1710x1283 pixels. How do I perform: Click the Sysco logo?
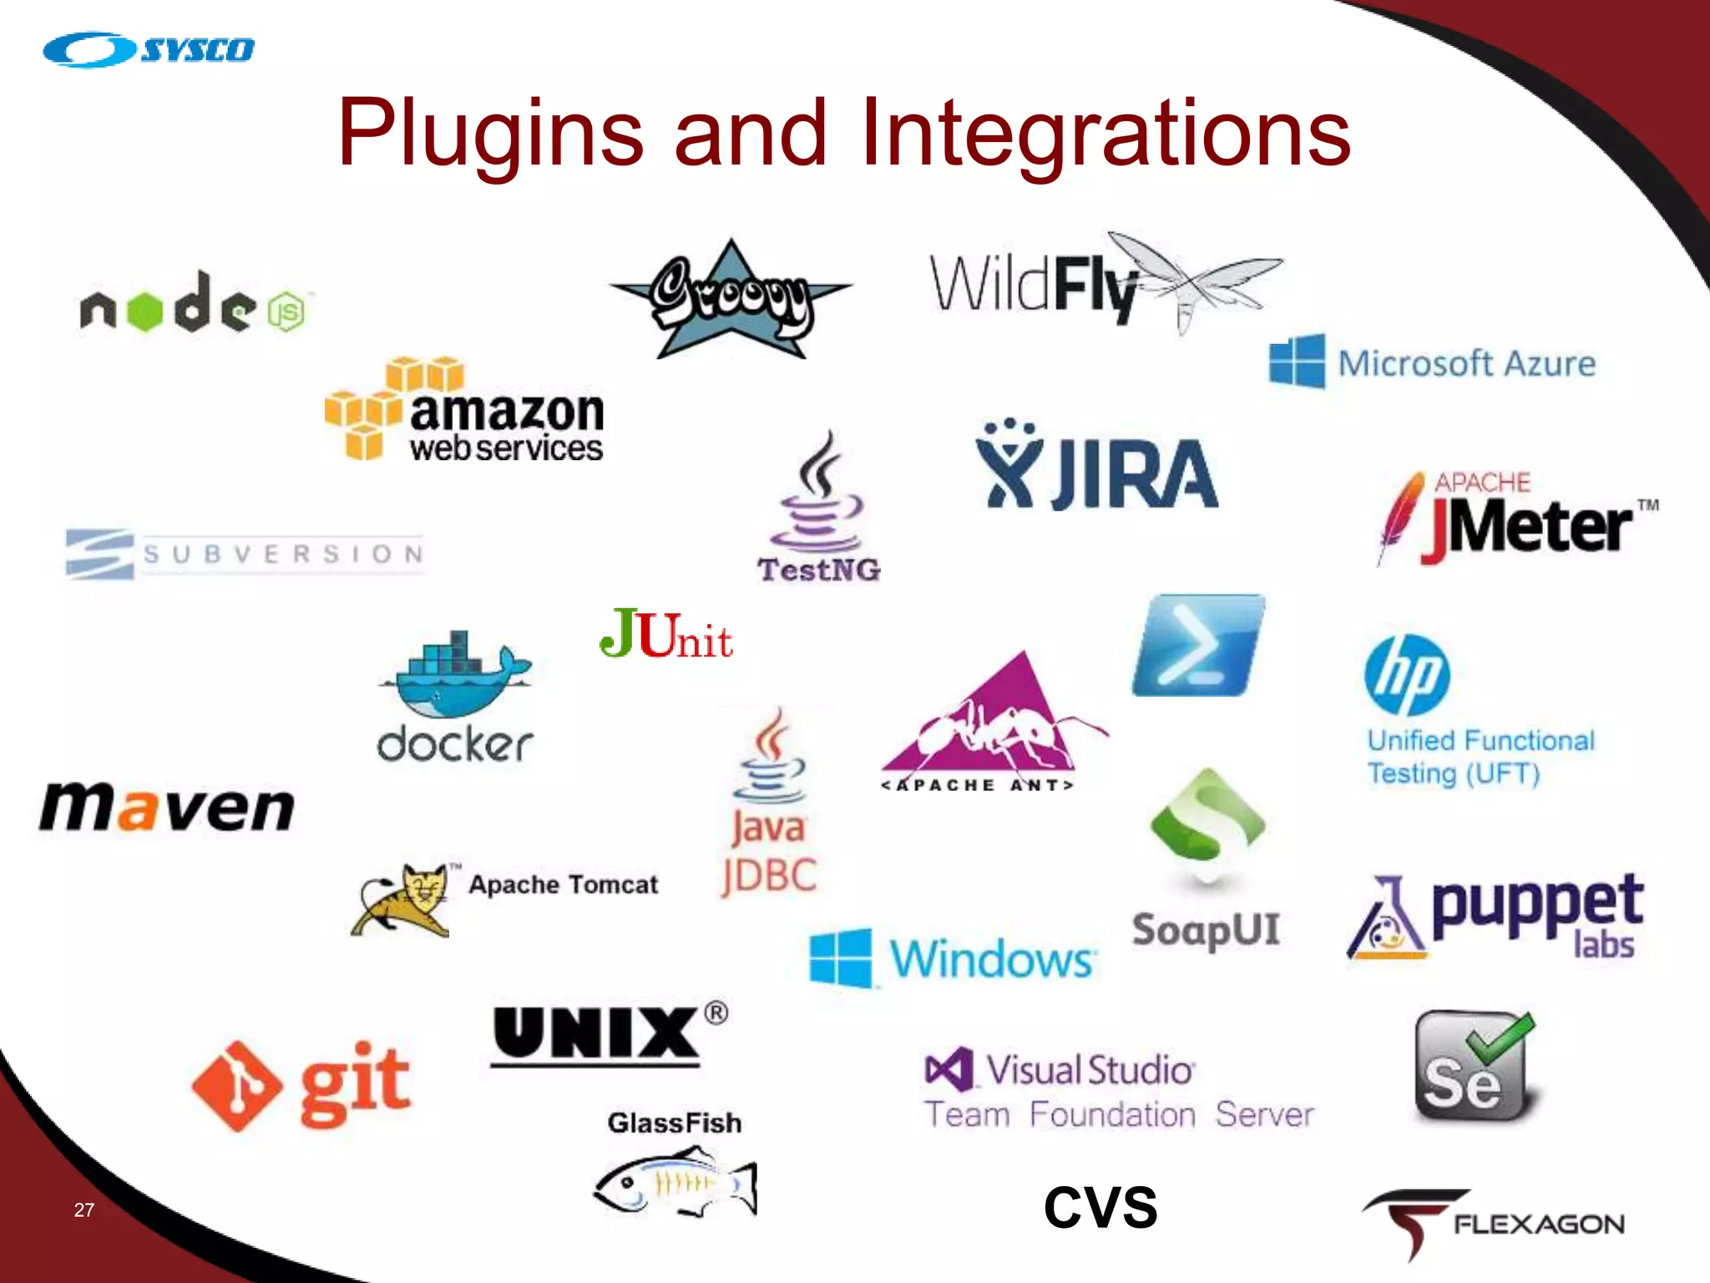click(149, 50)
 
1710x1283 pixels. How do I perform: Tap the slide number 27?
click(84, 1209)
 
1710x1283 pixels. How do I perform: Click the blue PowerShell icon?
click(1197, 646)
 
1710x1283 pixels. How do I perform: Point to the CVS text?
click(1100, 1208)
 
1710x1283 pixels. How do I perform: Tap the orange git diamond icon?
click(236, 1086)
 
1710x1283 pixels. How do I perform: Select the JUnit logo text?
click(665, 635)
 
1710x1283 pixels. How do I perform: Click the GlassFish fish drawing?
click(675, 1182)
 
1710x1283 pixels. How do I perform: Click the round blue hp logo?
click(1407, 676)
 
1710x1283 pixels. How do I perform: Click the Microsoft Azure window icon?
click(1297, 361)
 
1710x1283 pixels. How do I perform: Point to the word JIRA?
click(1134, 474)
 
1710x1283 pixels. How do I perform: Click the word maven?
click(167, 808)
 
